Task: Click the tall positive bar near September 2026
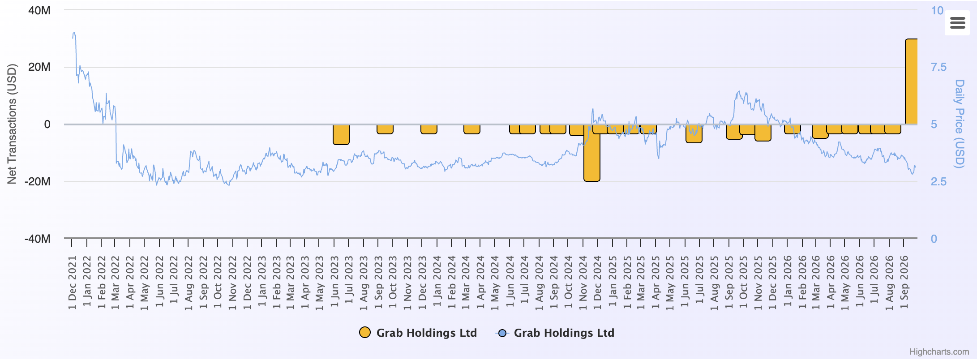[x=911, y=81]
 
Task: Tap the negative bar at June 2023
[x=341, y=134]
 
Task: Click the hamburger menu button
[x=957, y=22]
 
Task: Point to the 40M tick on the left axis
[x=39, y=10]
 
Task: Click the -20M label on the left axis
[x=38, y=181]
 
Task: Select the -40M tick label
[x=38, y=239]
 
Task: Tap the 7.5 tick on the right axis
[x=938, y=67]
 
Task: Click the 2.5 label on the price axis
[x=938, y=181]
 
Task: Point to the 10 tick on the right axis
[x=937, y=10]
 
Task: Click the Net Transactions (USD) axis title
[x=12, y=124]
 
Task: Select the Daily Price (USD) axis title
[x=959, y=124]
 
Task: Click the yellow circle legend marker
[x=365, y=333]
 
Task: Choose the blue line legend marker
[x=502, y=333]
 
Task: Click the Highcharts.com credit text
[x=939, y=352]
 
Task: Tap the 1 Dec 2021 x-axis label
[x=73, y=283]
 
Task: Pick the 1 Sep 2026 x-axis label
[x=904, y=283]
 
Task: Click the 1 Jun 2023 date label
[x=334, y=282]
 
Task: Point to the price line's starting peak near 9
[x=74, y=33]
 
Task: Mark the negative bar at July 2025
[x=694, y=133]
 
